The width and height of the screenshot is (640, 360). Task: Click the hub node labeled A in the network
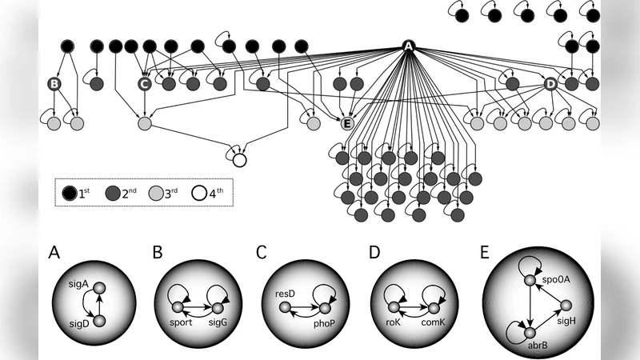coord(408,46)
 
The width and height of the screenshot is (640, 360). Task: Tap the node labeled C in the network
coord(145,83)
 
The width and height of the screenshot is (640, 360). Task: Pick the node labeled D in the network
coord(550,83)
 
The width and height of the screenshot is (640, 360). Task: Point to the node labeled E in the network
coord(347,123)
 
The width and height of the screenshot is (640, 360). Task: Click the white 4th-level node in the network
coord(239,160)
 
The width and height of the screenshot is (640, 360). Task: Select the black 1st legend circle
coord(70,192)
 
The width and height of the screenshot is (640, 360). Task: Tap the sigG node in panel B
coord(215,307)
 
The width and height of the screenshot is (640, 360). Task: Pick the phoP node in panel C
coord(326,307)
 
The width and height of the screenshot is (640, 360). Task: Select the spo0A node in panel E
coord(530,280)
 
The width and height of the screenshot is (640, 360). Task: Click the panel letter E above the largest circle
coord(485,254)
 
